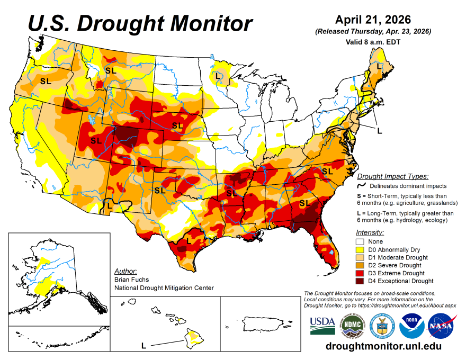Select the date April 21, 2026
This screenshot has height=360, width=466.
373,20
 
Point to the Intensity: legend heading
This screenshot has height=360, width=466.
370,232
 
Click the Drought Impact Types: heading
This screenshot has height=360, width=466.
392,176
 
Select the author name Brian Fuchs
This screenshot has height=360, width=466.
131,279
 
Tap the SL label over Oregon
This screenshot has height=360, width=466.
46,81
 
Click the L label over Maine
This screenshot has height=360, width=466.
379,67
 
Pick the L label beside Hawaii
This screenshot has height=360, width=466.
144,346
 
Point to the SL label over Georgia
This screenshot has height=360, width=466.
305,203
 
